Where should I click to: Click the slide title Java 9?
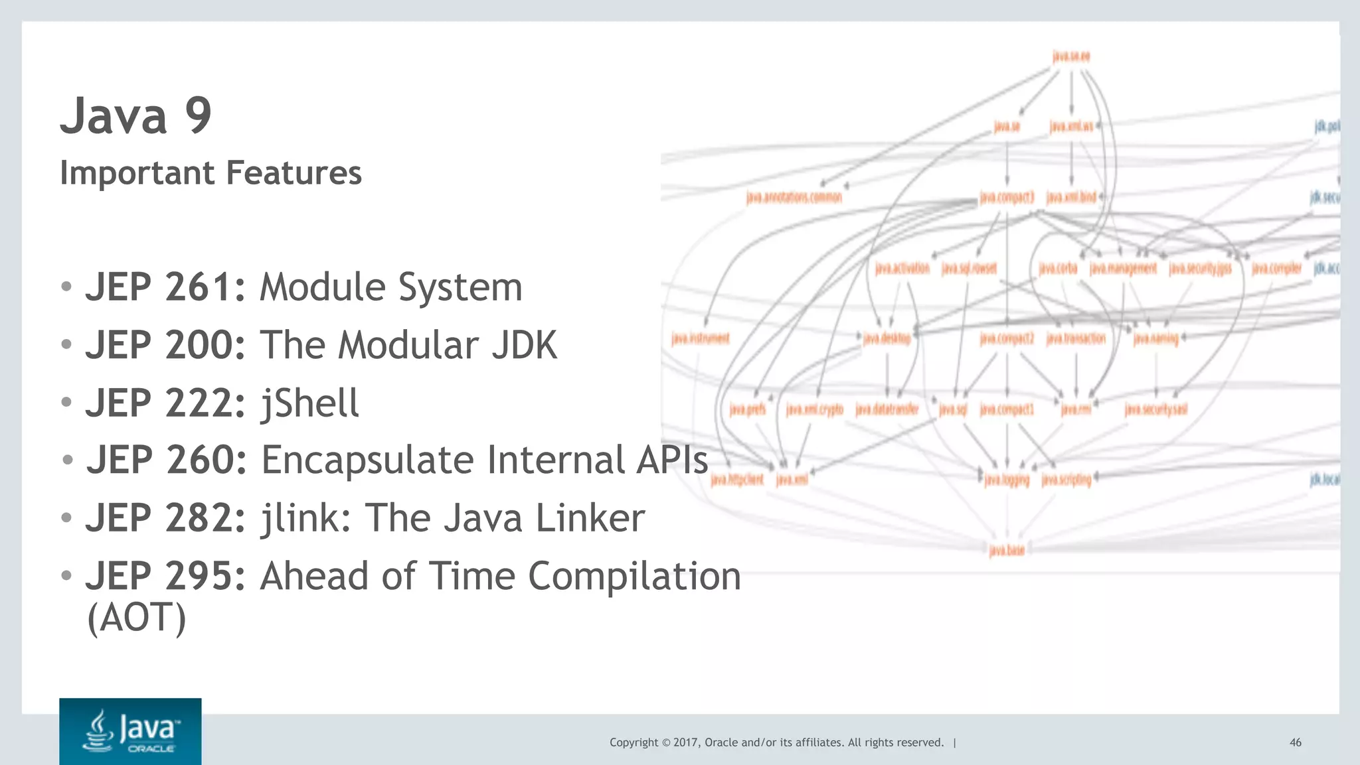(x=136, y=116)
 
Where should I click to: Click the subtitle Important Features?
(x=211, y=173)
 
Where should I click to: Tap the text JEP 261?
(x=165, y=287)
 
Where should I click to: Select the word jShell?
(x=309, y=403)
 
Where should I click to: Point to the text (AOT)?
(x=136, y=618)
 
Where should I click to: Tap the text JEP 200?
(x=165, y=345)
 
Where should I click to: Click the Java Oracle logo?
(x=130, y=731)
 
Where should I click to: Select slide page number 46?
(x=1295, y=742)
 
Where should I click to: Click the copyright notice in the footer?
(x=776, y=742)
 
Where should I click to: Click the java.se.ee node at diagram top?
(x=1071, y=56)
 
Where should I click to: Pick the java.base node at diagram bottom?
(x=1007, y=550)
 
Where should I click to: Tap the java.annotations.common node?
(x=794, y=197)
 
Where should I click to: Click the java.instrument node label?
(x=700, y=339)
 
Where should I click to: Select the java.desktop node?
(x=887, y=339)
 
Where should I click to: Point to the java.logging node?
(x=1007, y=480)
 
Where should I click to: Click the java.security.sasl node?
(x=1155, y=409)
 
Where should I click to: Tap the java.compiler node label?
(x=1276, y=268)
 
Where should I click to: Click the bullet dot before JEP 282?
(x=66, y=517)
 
